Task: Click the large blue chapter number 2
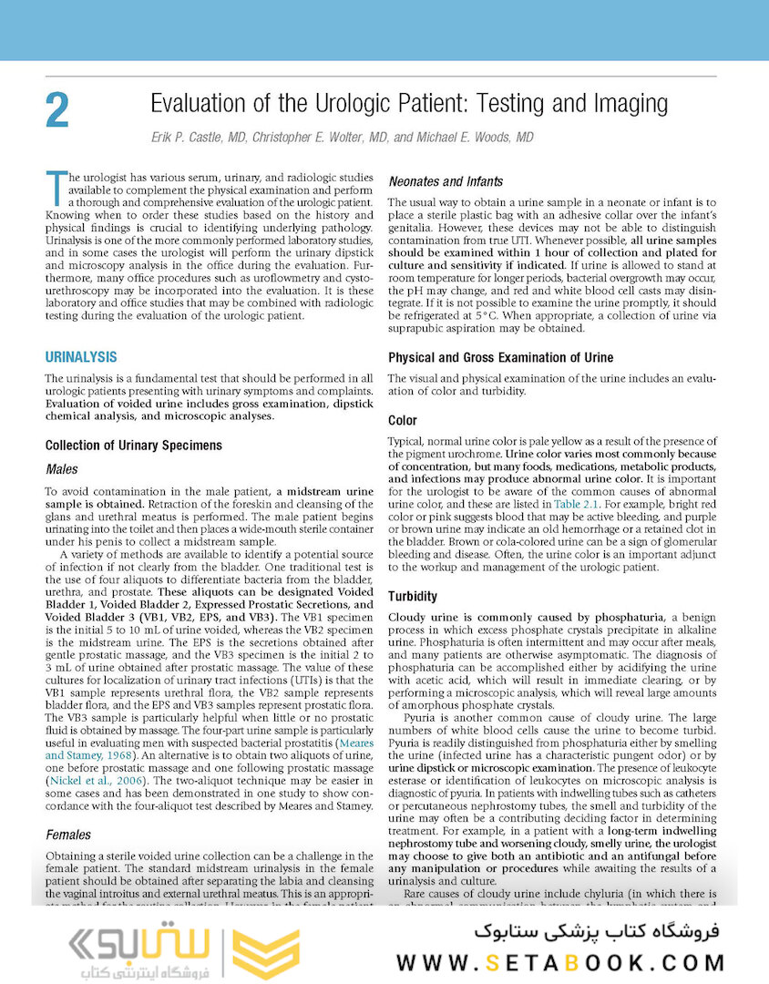(x=56, y=110)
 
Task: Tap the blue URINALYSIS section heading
(x=87, y=356)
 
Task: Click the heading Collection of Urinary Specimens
(x=133, y=445)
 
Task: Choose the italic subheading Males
(x=62, y=469)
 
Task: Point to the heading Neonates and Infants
(x=446, y=181)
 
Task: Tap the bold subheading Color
(x=403, y=420)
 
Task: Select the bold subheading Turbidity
(x=413, y=596)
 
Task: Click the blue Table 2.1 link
(x=576, y=503)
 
